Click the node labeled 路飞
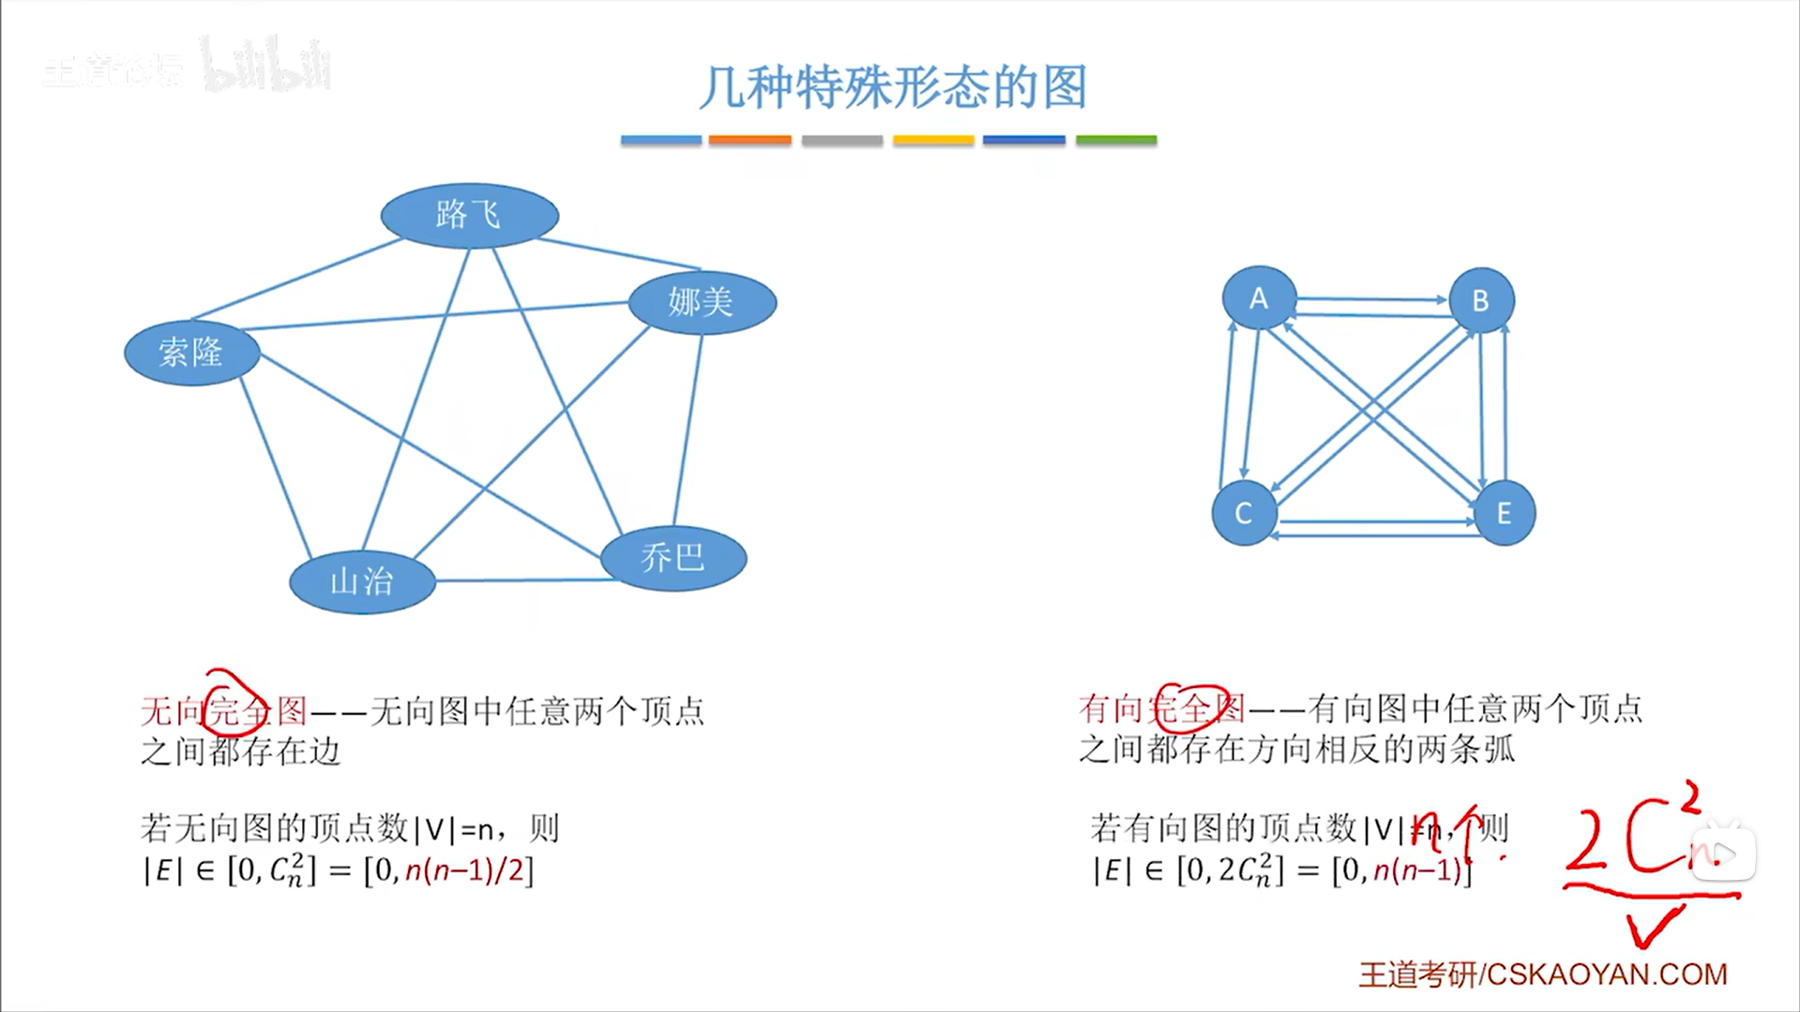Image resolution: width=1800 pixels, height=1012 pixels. pos(469,216)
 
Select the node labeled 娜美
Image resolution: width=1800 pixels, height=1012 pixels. pos(702,302)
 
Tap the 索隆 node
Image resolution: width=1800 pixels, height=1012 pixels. pos(191,353)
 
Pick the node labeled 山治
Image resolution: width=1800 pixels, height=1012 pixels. pos(362,582)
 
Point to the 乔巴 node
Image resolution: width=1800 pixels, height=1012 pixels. pos(673,558)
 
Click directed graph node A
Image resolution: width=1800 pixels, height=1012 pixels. pos(1259,298)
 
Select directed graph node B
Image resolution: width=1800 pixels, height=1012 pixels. pos(1481,301)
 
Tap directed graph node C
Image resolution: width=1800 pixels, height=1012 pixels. pos(1244,513)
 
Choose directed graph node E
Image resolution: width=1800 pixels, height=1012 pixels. pos(1504,513)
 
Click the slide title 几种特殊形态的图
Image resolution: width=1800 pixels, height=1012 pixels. pos(892,87)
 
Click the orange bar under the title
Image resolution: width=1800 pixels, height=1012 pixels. pos(749,140)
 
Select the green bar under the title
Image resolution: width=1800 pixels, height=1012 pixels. pos(1115,140)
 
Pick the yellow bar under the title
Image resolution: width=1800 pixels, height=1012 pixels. pos(933,140)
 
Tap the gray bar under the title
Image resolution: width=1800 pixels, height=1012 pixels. pos(841,140)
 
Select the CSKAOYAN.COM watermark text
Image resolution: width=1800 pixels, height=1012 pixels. pos(1606,974)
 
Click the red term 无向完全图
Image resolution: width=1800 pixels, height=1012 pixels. pos(223,711)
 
